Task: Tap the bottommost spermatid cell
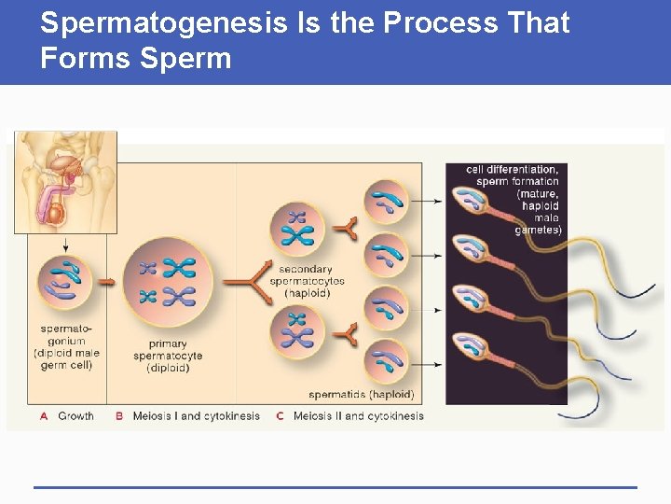[385, 361]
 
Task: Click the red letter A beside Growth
[44, 416]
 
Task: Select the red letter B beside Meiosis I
[119, 416]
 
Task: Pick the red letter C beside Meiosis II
[280, 416]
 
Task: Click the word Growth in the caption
[75, 416]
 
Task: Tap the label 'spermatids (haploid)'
[361, 395]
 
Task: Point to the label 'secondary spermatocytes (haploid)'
[307, 281]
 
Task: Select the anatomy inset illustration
[65, 181]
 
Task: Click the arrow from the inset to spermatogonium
[66, 243]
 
